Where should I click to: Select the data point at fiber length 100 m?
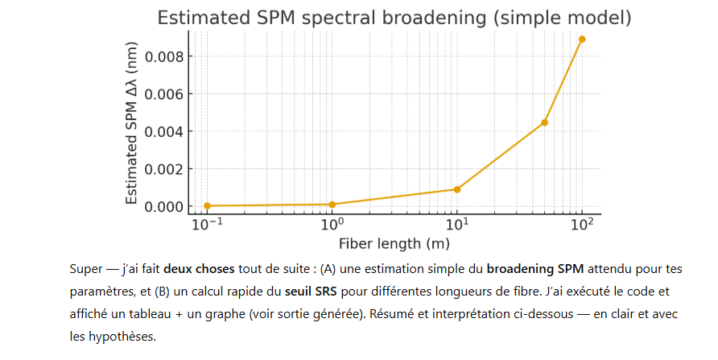pos(582,39)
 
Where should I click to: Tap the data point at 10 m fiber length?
pos(457,189)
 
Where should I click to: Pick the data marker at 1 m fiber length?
pos(332,204)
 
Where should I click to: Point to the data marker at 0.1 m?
pos(208,205)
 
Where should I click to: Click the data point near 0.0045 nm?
pos(545,122)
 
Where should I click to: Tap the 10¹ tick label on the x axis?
pos(457,225)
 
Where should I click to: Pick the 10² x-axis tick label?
pos(582,225)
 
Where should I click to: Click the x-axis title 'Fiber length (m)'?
pos(394,242)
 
